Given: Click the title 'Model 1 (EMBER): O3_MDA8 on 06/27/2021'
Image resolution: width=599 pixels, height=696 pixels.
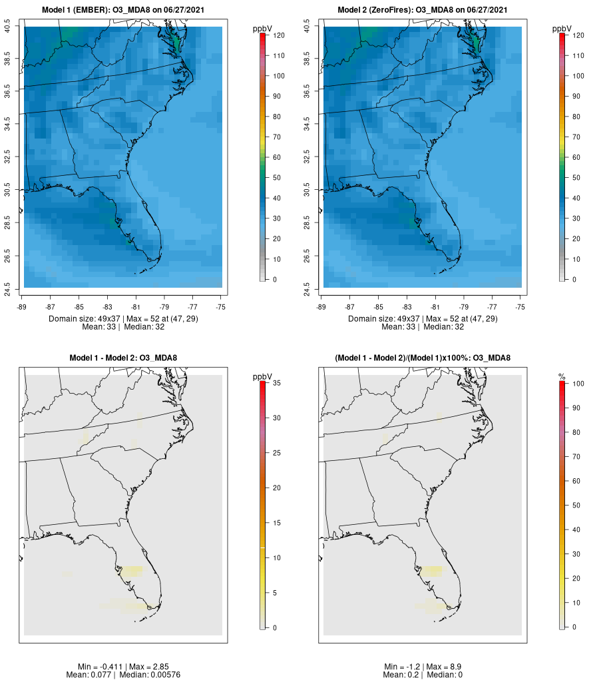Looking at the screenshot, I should tap(123, 10).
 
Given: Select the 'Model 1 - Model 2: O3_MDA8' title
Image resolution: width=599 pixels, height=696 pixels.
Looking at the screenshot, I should tap(123, 358).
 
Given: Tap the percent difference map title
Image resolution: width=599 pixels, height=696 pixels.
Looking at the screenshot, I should tap(423, 358).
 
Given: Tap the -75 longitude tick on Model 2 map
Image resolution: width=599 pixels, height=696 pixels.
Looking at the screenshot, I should tap(520, 307).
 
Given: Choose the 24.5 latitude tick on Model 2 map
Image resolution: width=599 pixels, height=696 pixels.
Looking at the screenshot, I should tap(307, 288).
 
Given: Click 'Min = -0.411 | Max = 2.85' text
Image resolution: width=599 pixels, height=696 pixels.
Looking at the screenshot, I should tap(123, 666).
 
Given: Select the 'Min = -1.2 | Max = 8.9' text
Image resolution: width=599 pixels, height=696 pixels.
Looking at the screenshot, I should tap(423, 666).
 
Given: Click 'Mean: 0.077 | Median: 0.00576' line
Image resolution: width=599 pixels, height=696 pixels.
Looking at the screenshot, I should tap(123, 675).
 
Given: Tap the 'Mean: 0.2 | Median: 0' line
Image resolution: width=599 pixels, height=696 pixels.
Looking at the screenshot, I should tap(423, 675).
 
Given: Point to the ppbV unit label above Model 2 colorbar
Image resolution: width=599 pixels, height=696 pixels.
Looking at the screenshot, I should tap(562, 29).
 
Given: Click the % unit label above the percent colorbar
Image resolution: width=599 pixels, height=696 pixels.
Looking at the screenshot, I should tap(562, 377).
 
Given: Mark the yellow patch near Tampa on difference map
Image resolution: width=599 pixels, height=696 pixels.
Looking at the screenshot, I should tap(131, 570).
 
